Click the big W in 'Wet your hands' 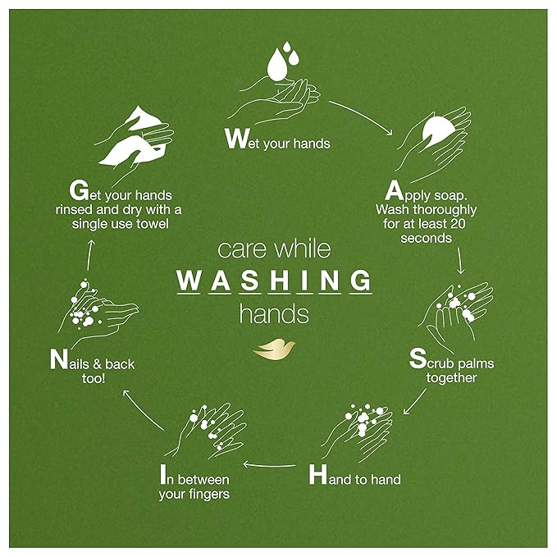click(x=236, y=139)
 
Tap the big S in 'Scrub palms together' click(x=417, y=359)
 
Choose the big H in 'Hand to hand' click(x=318, y=475)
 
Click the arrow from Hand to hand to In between click(x=272, y=466)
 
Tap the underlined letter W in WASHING click(x=189, y=281)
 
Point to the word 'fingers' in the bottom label click(x=208, y=494)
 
